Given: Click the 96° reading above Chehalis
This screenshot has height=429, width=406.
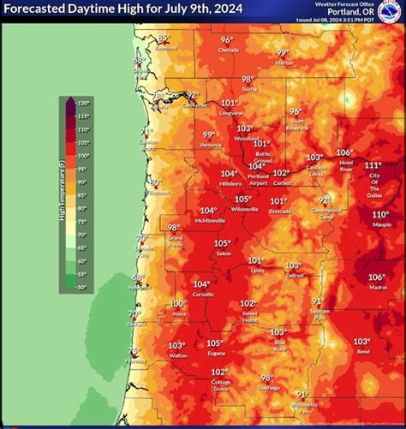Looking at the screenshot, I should point(227,40).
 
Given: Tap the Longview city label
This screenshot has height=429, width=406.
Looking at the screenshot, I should point(230,112).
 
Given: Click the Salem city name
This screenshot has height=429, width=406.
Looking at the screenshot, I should point(223,253).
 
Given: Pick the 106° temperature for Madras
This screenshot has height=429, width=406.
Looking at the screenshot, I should point(377,277).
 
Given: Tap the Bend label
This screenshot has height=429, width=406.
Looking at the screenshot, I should point(362,351).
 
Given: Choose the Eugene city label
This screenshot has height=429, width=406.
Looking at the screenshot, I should point(216,353).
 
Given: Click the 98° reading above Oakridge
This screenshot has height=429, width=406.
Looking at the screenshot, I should point(267,378).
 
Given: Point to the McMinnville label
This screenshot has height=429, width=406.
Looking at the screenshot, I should point(208,220).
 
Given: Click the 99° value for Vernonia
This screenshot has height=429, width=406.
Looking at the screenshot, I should point(209,134).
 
